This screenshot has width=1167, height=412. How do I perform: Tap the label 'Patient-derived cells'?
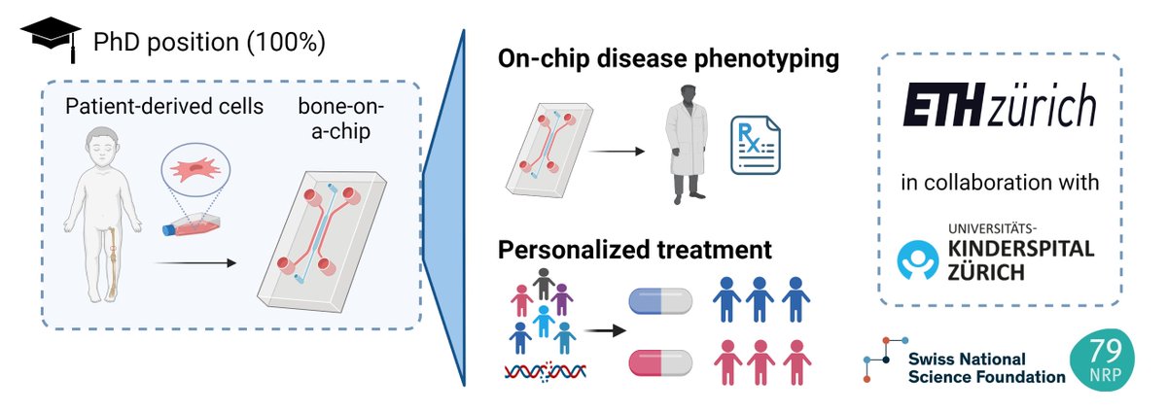coord(165,106)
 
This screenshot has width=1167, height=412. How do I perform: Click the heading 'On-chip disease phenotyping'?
coord(668,59)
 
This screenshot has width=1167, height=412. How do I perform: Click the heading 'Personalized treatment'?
coord(635,249)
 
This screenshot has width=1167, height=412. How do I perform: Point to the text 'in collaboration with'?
coord(999,181)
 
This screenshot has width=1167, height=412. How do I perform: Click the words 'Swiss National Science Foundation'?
coord(985,366)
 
